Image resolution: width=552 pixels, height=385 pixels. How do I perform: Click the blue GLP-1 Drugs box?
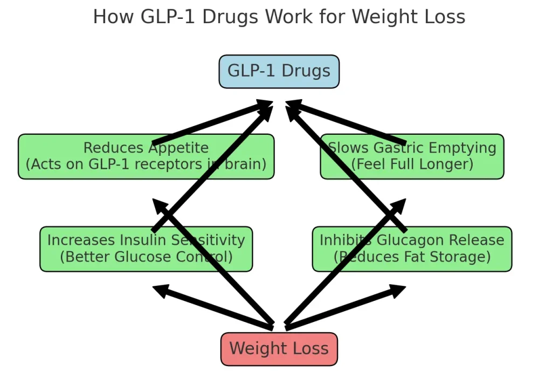[x=279, y=71]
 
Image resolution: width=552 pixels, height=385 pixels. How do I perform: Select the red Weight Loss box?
[x=279, y=349]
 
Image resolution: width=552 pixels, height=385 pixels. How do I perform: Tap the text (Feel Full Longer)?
[x=412, y=164]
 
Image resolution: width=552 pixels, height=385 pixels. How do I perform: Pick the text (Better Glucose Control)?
[x=146, y=257]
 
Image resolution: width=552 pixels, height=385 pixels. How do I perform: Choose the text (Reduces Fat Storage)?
[x=412, y=257]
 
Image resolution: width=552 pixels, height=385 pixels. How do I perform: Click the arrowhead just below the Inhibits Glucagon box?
[x=398, y=291]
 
